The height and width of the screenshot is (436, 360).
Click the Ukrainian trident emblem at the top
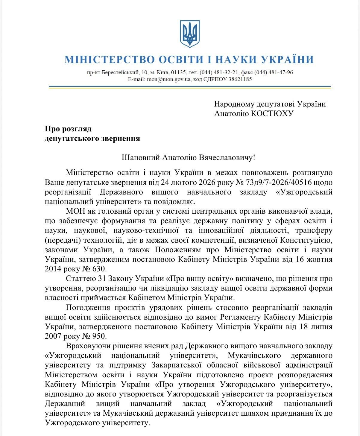190,34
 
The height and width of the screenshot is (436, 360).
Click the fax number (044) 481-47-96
274,72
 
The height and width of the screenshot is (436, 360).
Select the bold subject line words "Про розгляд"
68,129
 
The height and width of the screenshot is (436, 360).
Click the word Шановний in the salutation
141,157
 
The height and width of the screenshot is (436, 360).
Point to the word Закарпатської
175,365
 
